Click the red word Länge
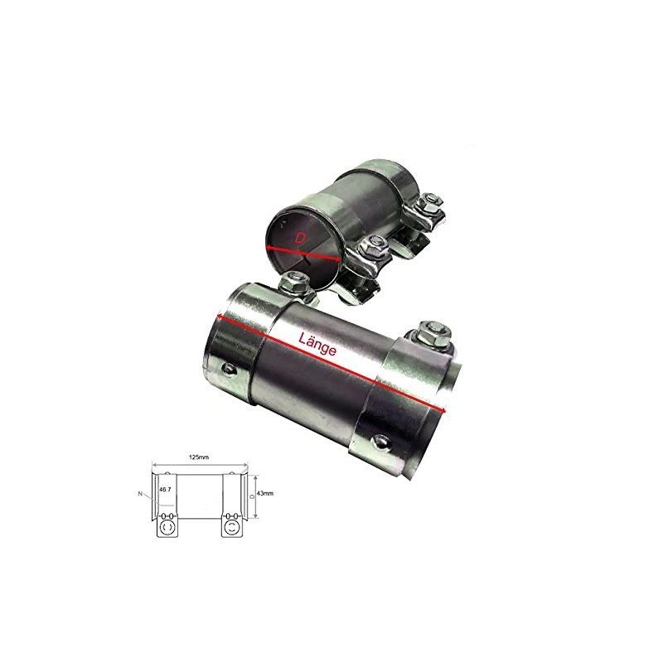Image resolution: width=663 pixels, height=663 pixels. [x=317, y=344]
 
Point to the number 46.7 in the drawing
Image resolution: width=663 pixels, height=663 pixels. [x=165, y=490]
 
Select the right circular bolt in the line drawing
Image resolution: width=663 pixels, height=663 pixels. [x=233, y=526]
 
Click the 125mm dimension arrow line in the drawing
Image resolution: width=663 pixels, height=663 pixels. [x=199, y=464]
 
